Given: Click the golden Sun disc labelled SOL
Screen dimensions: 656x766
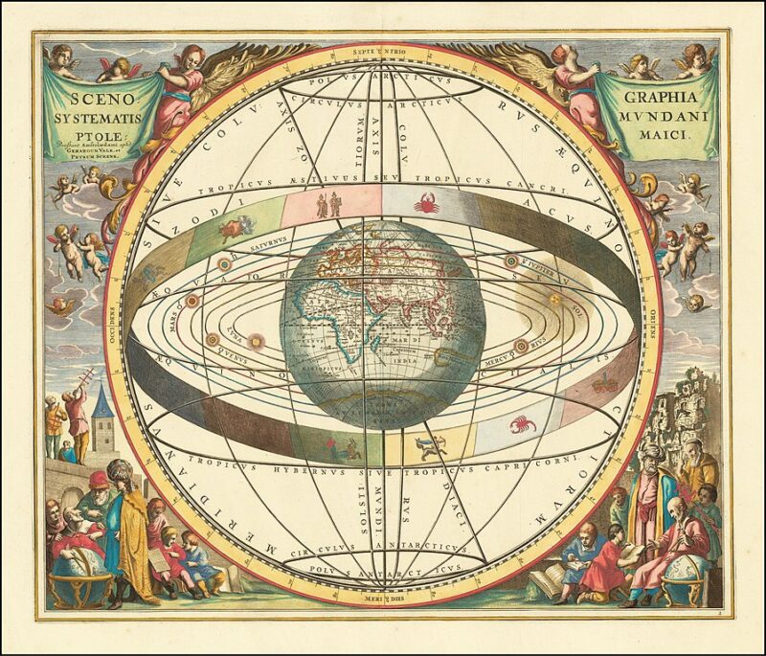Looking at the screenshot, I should [x=554, y=300].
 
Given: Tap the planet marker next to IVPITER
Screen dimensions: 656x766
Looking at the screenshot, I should [x=510, y=260].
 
